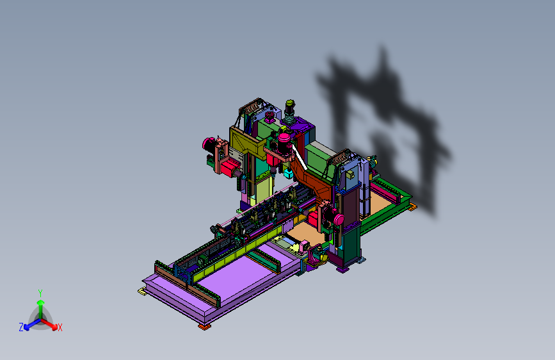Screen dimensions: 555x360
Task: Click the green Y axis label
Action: coord(40,293)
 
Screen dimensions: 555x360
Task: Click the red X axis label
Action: coord(60,327)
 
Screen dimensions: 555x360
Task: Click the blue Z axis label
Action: coord(21,327)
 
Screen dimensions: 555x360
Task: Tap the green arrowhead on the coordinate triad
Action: coord(41,302)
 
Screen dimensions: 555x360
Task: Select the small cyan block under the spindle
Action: coord(289,173)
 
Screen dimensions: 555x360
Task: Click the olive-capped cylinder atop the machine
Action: coord(290,104)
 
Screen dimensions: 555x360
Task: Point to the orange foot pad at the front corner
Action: coord(204,326)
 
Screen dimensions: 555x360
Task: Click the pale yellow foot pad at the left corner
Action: coord(142,291)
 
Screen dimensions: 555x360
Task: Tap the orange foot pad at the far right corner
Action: coord(412,208)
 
